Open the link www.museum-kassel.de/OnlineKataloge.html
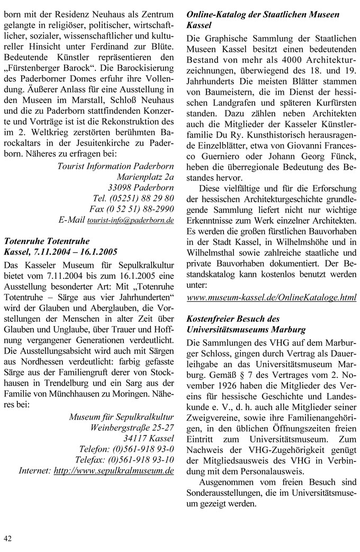click(x=272, y=298)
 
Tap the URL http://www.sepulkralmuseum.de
click(x=114, y=469)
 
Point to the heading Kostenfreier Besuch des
click(x=233, y=319)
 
